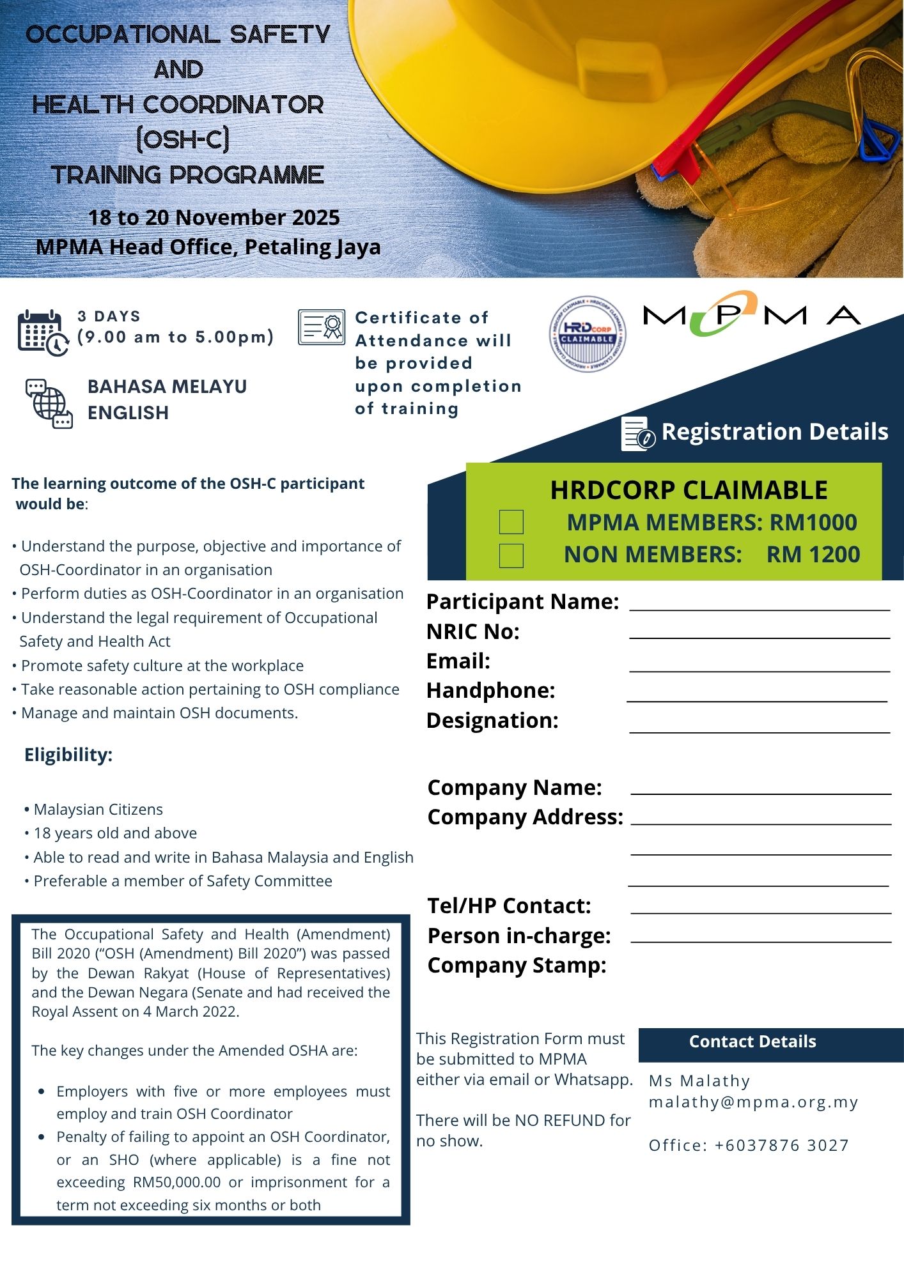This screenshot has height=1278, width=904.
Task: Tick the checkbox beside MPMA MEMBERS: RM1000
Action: (x=511, y=522)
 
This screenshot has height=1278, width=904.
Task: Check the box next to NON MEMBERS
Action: (x=511, y=555)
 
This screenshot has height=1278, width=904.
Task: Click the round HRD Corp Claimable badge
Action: (x=588, y=334)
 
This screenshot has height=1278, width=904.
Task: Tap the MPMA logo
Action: (x=751, y=314)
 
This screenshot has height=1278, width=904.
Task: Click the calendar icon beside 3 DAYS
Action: (x=42, y=332)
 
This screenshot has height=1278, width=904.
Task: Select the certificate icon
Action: (x=321, y=327)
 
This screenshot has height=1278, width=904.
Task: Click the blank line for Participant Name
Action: (x=760, y=604)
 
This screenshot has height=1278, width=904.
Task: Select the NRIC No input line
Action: (x=760, y=633)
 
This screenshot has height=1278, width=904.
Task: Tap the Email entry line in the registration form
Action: (x=760, y=666)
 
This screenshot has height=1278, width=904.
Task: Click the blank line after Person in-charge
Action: (x=761, y=937)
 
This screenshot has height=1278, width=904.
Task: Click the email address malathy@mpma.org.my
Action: (x=753, y=1102)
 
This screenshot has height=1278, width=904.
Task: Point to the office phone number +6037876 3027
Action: (x=781, y=1145)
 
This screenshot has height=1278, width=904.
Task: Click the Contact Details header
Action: (x=752, y=1042)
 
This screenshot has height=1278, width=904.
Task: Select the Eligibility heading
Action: (x=68, y=755)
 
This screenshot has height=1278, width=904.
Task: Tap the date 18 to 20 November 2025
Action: (x=214, y=218)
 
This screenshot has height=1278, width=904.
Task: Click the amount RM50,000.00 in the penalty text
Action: (x=176, y=1182)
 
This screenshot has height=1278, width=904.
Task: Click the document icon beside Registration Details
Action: (x=637, y=434)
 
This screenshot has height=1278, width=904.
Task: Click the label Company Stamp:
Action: (x=517, y=965)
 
